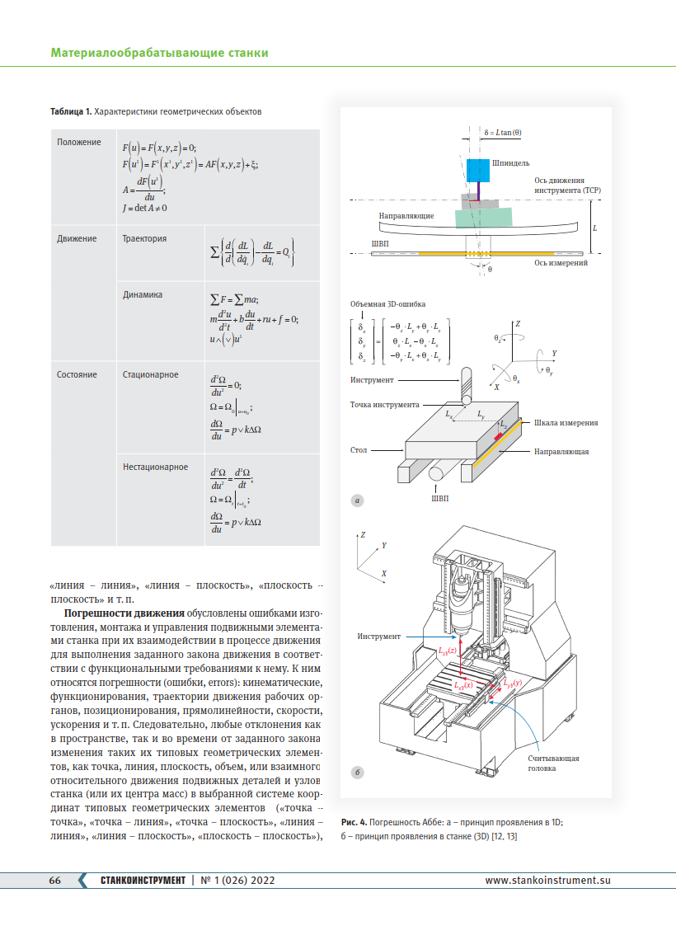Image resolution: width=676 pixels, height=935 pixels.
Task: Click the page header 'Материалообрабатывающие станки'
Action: pos(159,53)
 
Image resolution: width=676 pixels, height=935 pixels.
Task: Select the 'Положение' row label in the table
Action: pos(78,142)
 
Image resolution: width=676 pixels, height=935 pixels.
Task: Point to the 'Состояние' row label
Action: pos(77,374)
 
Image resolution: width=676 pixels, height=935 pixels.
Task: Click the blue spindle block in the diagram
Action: pos(478,171)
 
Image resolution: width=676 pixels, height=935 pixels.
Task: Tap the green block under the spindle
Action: pos(483,218)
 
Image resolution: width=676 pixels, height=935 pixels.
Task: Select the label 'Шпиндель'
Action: pos(510,162)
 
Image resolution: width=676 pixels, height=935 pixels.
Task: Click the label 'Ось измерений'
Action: pos(561,262)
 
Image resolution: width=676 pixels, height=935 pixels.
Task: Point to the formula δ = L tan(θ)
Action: pos(503,133)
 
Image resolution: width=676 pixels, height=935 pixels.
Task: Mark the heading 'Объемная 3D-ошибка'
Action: pos(387,304)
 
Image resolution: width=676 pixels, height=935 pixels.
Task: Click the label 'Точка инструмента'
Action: pos(384,405)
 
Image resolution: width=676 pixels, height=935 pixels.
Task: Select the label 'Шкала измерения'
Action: pos(566,423)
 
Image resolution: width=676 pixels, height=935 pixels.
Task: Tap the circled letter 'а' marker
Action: pos(357,501)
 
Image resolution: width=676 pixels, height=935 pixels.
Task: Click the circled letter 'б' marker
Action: pos(357,773)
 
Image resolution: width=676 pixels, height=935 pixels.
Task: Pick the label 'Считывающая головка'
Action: pos(553,764)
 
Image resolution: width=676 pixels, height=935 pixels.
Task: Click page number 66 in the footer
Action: pos(55,880)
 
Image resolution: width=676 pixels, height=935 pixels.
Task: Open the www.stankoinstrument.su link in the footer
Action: pos(547,880)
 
